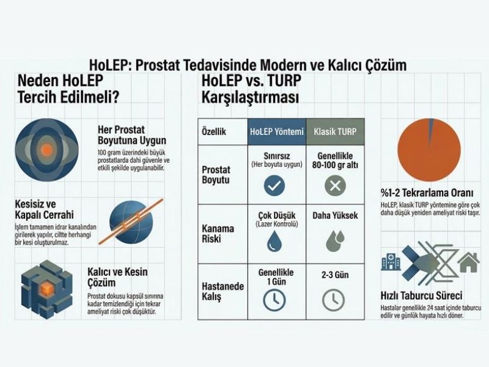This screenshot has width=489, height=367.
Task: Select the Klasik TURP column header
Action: click(x=334, y=132)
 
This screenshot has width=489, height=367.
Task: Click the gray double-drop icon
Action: click(x=334, y=240)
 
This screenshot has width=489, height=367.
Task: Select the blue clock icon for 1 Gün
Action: click(x=274, y=299)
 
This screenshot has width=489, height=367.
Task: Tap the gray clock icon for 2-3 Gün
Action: click(x=334, y=299)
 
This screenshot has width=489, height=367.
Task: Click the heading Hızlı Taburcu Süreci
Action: click(x=421, y=296)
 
